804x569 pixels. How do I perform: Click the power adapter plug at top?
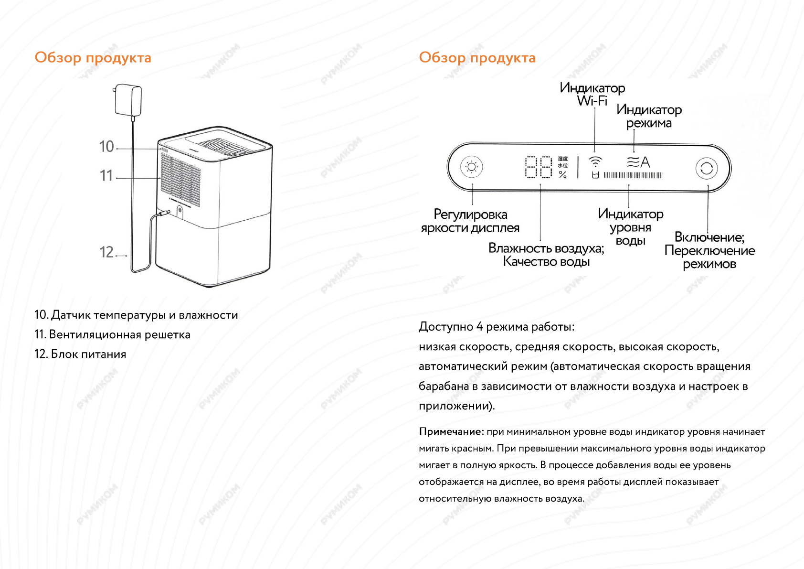point(128,100)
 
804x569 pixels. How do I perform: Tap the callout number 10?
point(106,147)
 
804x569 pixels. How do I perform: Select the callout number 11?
point(106,176)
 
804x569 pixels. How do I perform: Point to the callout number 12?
point(106,252)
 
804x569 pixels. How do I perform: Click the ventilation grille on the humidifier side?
point(180,179)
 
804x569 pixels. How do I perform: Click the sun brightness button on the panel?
point(472,167)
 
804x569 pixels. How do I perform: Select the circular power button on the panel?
point(707,168)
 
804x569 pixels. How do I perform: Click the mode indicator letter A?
point(645,162)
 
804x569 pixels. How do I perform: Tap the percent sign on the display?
point(563,175)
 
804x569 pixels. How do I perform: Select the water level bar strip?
point(633,175)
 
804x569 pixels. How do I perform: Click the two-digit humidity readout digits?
point(539,167)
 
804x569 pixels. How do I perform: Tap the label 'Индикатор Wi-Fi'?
point(592,94)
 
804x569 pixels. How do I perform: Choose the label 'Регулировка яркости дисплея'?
point(470,221)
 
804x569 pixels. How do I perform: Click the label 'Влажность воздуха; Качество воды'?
point(546,255)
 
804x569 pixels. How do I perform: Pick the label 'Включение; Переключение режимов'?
point(709,250)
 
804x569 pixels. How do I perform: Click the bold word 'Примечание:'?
point(451,432)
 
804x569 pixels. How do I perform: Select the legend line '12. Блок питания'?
point(80,354)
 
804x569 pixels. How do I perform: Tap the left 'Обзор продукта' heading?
point(93,58)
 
